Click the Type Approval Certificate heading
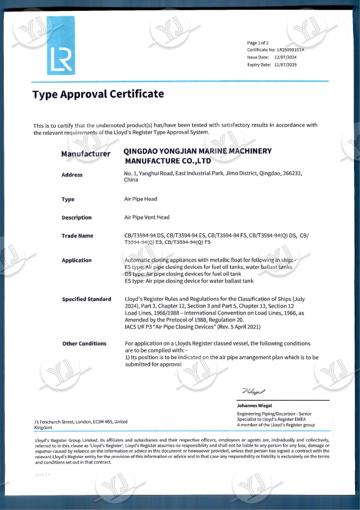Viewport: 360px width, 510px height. click(98, 94)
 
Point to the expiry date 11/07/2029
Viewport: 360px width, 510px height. click(286, 64)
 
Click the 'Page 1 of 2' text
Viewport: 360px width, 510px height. click(258, 43)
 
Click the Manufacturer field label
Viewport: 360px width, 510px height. click(86, 154)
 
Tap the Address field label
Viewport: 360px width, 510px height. click(72, 175)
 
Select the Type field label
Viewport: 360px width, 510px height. click(68, 199)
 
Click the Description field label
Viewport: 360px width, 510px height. click(77, 218)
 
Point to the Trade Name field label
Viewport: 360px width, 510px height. click(77, 236)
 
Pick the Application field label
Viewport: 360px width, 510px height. click(77, 260)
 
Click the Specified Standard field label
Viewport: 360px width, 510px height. click(87, 299)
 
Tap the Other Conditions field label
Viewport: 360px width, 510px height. click(84, 344)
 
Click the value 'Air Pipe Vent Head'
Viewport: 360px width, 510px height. click(147, 218)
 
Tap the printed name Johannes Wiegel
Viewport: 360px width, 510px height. click(254, 406)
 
